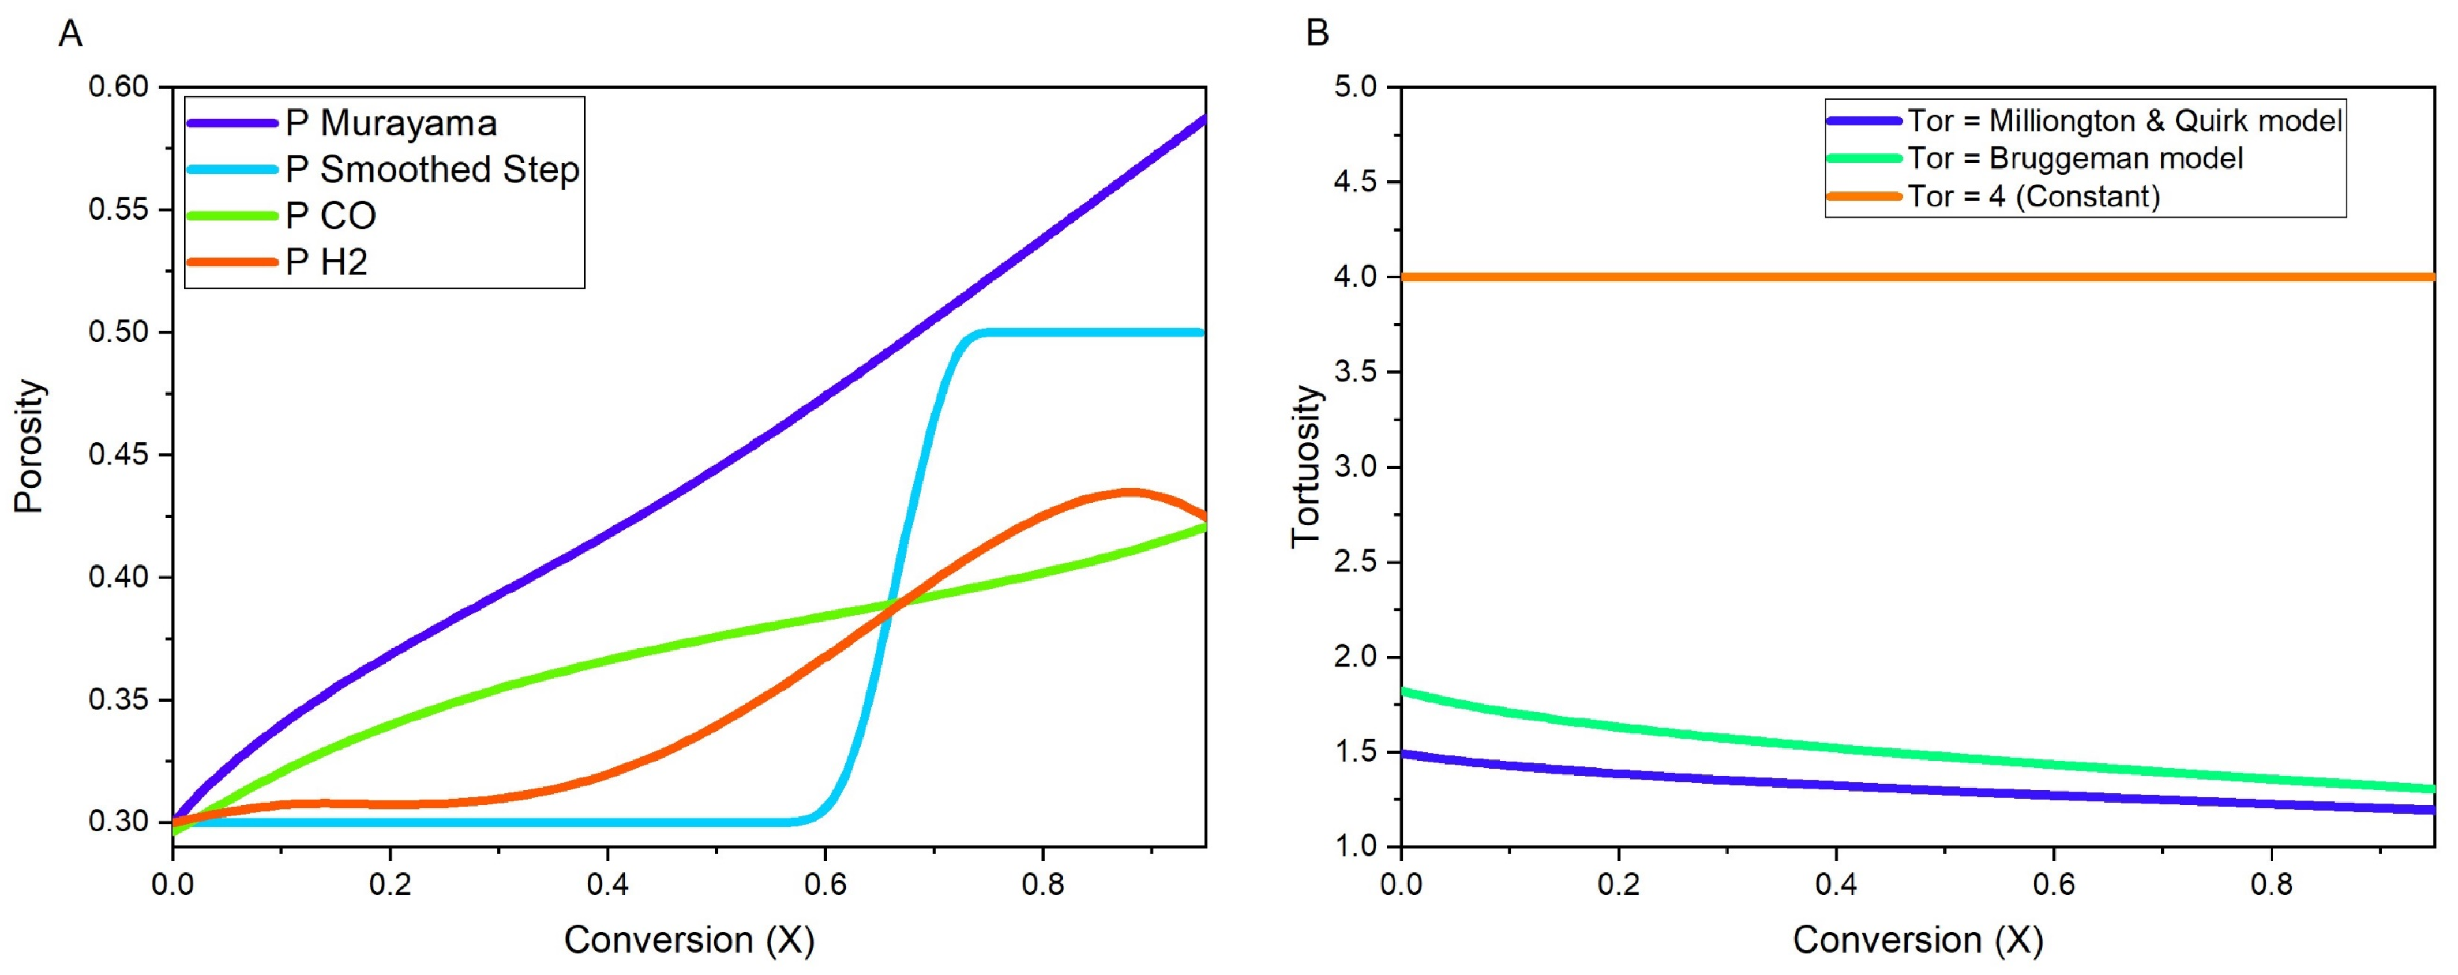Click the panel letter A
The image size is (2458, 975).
tap(70, 35)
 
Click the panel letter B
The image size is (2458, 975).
tap(1317, 35)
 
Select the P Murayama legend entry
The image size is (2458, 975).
tap(391, 123)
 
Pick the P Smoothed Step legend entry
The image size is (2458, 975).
tap(431, 170)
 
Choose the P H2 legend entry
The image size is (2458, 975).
tap(327, 261)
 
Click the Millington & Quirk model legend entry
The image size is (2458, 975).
tap(2124, 121)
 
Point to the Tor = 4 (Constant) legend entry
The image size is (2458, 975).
tap(2033, 197)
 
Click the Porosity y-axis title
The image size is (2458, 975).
tap(29, 446)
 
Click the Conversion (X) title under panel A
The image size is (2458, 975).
tap(689, 940)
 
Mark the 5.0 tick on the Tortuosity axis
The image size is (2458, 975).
tap(1356, 87)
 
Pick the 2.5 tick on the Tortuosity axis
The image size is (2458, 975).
tap(1356, 562)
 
